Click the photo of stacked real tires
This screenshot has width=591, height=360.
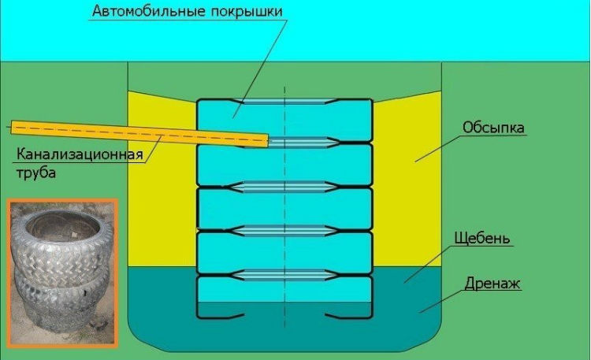(62, 272)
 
